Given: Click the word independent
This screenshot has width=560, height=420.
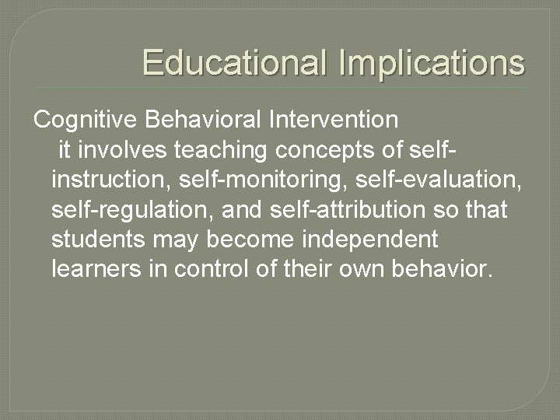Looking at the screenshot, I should [362, 238].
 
